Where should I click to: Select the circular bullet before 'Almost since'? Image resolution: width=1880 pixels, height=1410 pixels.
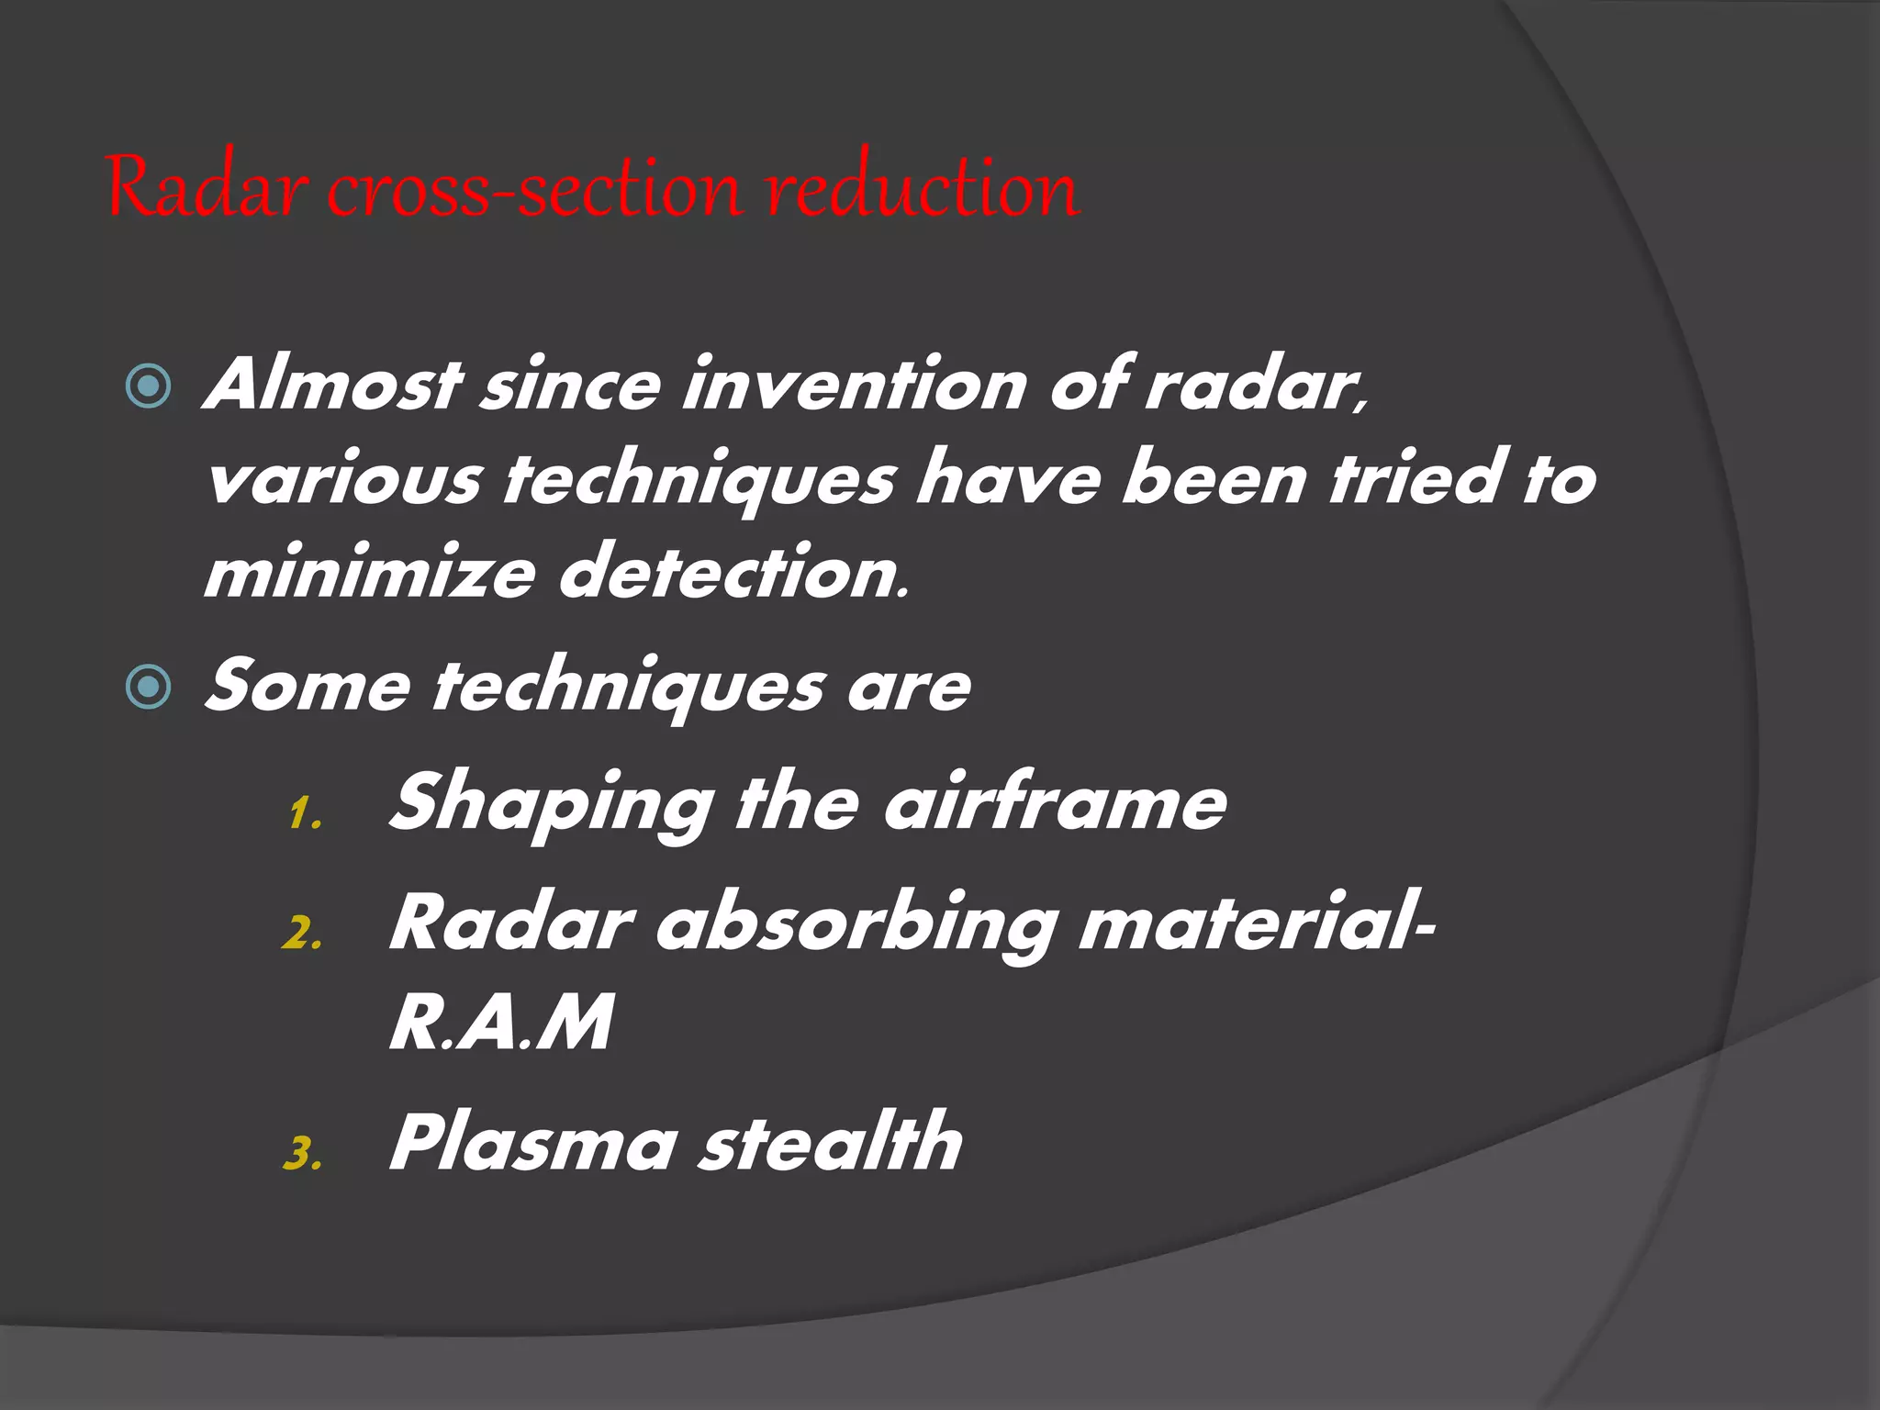pos(148,386)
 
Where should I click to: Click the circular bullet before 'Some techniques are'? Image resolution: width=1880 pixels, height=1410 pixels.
pos(148,687)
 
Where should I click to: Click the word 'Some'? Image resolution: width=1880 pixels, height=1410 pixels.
pos(308,687)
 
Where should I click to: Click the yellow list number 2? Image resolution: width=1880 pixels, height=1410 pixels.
pos(302,934)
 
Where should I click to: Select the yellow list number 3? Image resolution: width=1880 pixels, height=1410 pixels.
pos(302,1155)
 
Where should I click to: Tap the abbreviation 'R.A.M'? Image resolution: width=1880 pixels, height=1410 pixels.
pos(501,1024)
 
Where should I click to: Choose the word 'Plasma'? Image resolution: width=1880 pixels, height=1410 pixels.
pos(533,1143)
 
